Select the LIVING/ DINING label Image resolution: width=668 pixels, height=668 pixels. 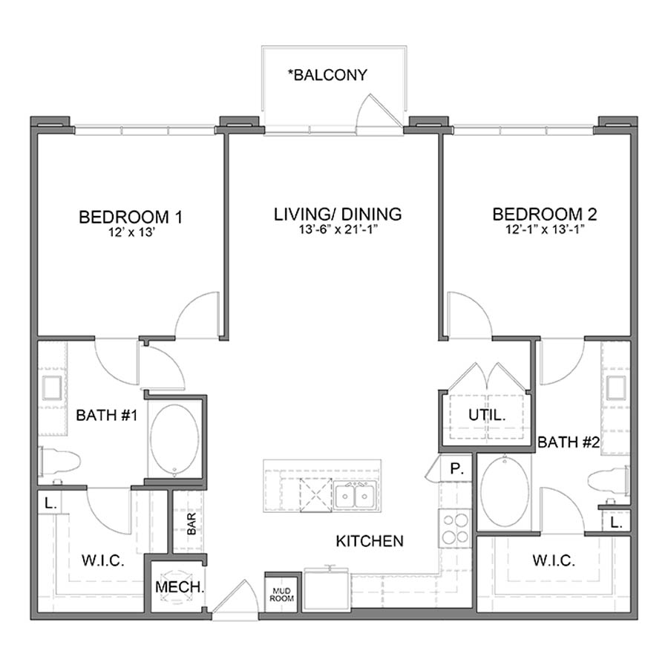tap(338, 215)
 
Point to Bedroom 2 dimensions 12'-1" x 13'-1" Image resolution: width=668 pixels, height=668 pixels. tap(545, 230)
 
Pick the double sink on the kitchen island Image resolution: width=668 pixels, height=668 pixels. tap(353, 495)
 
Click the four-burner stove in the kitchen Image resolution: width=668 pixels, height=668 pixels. tap(454, 528)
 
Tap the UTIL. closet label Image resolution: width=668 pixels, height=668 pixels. tap(486, 416)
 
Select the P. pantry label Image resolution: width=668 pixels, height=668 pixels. tap(457, 469)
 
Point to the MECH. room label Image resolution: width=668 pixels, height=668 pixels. tap(180, 587)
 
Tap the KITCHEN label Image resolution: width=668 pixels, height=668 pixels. tap(370, 541)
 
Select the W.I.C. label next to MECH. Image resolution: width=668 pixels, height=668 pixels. tap(102, 560)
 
